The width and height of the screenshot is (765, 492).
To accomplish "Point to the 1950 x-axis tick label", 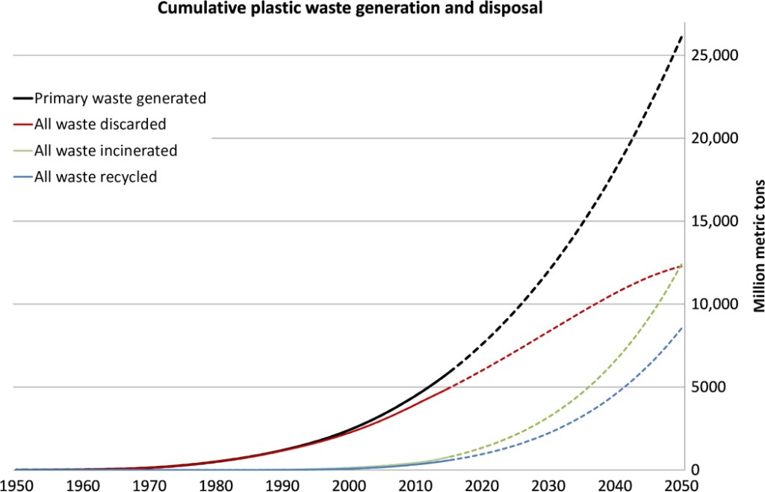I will click(x=16, y=485).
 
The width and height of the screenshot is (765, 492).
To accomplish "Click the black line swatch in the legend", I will click(x=22, y=98).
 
